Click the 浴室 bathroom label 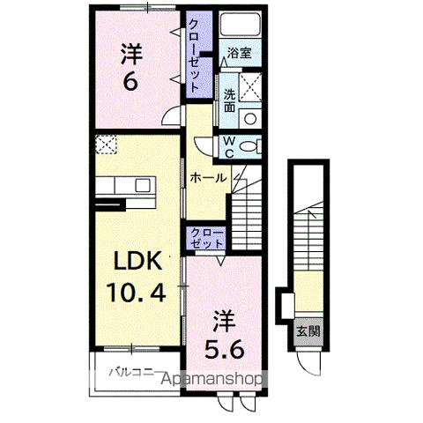[x=238, y=53]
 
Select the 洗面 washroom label [x=228, y=100]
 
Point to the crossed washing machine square [x=251, y=88]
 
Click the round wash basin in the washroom [x=250, y=117]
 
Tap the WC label [x=227, y=145]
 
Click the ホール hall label [x=208, y=178]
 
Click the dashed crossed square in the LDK [x=106, y=142]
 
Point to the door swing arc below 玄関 [x=308, y=362]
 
